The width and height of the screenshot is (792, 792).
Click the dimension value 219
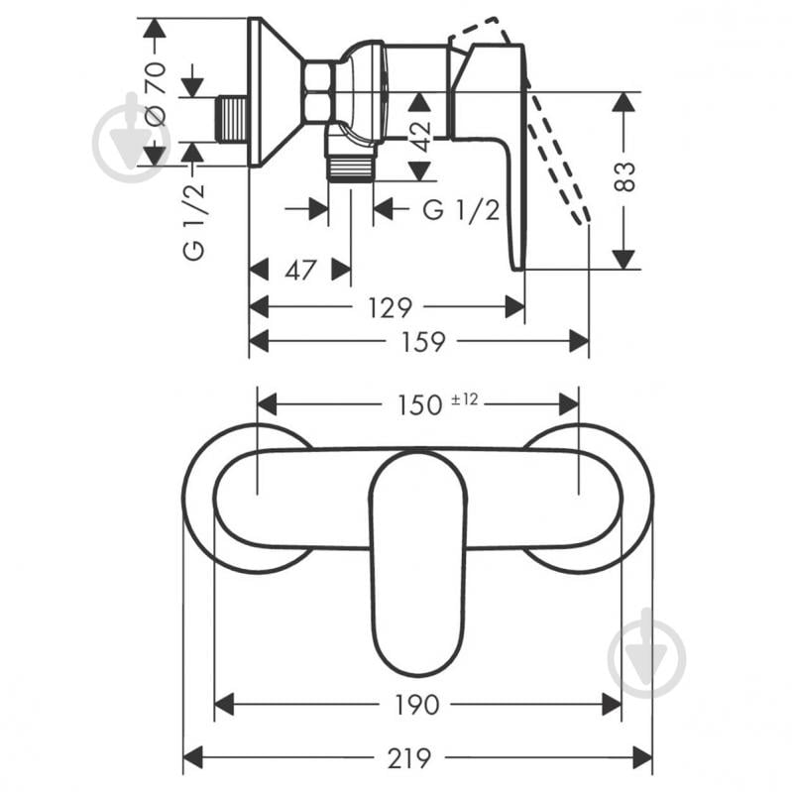(x=409, y=758)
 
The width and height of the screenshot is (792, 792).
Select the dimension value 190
(x=415, y=704)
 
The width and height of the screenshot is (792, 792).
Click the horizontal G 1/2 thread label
(x=460, y=209)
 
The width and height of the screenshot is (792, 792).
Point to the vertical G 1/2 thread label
(x=195, y=223)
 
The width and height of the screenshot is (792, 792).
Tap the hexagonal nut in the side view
(x=319, y=92)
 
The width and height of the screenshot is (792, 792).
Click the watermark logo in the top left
(x=131, y=138)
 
